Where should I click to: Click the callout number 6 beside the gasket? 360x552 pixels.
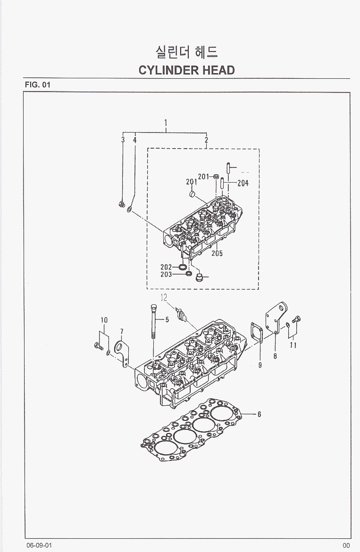pos(259,415)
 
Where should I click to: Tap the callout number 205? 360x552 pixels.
pos(217,253)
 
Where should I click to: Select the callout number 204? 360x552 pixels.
pos(243,183)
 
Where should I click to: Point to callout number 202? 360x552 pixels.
pos(166,267)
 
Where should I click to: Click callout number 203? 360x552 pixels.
pos(166,274)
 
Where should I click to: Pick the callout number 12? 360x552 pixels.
pos(163,298)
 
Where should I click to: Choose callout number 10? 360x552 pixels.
pos(104,320)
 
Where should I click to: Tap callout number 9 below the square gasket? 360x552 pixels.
pos(259,364)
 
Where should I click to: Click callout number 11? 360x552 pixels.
pos(293,345)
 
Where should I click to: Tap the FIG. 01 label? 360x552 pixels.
pos(37,85)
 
